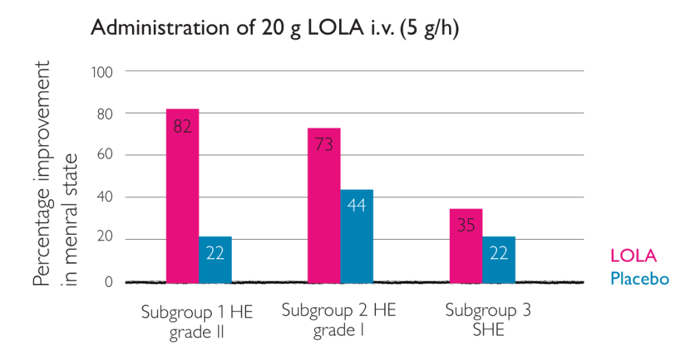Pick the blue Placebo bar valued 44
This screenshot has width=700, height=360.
[x=357, y=236]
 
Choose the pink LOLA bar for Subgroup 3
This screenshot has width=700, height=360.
[x=466, y=253]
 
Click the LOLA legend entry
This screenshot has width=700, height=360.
[x=633, y=256]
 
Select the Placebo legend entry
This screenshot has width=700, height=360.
[x=639, y=279]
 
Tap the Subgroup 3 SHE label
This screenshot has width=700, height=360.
[x=487, y=320]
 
